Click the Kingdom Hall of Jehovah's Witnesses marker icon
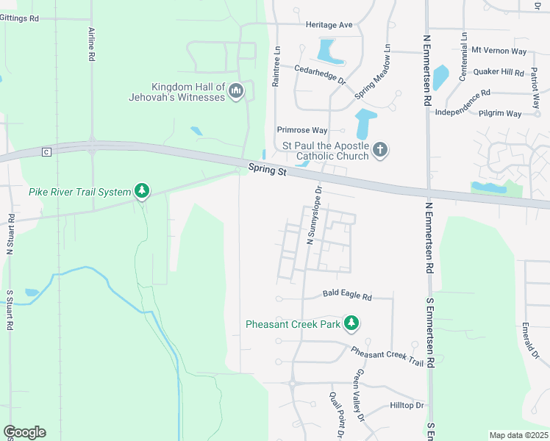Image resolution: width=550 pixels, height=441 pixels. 236,91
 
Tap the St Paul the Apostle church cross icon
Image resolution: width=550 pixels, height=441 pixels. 379,150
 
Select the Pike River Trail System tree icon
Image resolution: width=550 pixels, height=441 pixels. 142,192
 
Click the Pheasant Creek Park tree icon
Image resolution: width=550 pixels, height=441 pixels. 352,323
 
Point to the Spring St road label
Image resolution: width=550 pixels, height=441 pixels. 265,170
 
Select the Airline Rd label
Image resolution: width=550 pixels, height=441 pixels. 92,44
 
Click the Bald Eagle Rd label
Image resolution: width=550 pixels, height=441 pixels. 347,296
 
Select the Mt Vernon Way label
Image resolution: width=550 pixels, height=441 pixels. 499,51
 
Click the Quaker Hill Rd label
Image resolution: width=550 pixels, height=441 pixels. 499,72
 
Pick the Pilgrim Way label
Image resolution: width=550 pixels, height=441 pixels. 499,114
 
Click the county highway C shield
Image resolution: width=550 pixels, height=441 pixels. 46,151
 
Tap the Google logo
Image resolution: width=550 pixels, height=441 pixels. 24,432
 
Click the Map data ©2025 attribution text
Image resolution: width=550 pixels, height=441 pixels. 518,435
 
